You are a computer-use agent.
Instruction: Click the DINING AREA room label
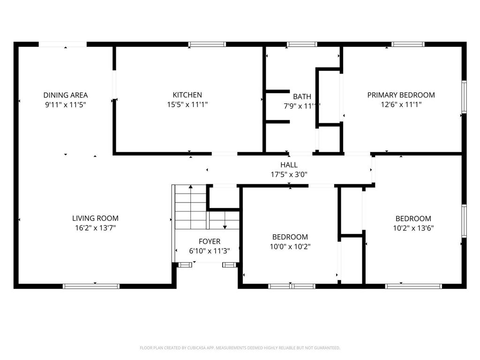(x=66, y=95)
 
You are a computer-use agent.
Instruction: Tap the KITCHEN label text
(x=187, y=95)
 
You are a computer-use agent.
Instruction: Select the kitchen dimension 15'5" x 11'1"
(x=187, y=105)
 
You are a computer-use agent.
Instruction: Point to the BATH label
(x=302, y=97)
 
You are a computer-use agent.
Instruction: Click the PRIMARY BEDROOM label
(x=401, y=95)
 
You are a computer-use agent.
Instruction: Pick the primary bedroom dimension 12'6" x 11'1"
(x=401, y=105)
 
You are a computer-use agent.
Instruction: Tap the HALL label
(x=289, y=165)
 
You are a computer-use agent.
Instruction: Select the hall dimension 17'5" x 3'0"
(x=289, y=175)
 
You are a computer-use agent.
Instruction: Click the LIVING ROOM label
(x=95, y=218)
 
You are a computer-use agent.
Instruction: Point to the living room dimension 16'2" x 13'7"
(x=95, y=228)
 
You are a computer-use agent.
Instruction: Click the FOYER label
(x=210, y=241)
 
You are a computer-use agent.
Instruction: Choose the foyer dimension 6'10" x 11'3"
(x=210, y=251)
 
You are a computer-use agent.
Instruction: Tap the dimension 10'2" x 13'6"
(x=413, y=228)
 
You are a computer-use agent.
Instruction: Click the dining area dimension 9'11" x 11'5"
(x=66, y=105)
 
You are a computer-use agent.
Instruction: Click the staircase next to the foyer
(x=190, y=206)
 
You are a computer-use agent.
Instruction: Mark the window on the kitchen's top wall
(x=207, y=45)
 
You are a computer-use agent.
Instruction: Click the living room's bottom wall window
(x=91, y=286)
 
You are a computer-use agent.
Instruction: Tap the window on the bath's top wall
(x=302, y=45)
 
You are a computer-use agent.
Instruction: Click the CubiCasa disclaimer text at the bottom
(x=240, y=348)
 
